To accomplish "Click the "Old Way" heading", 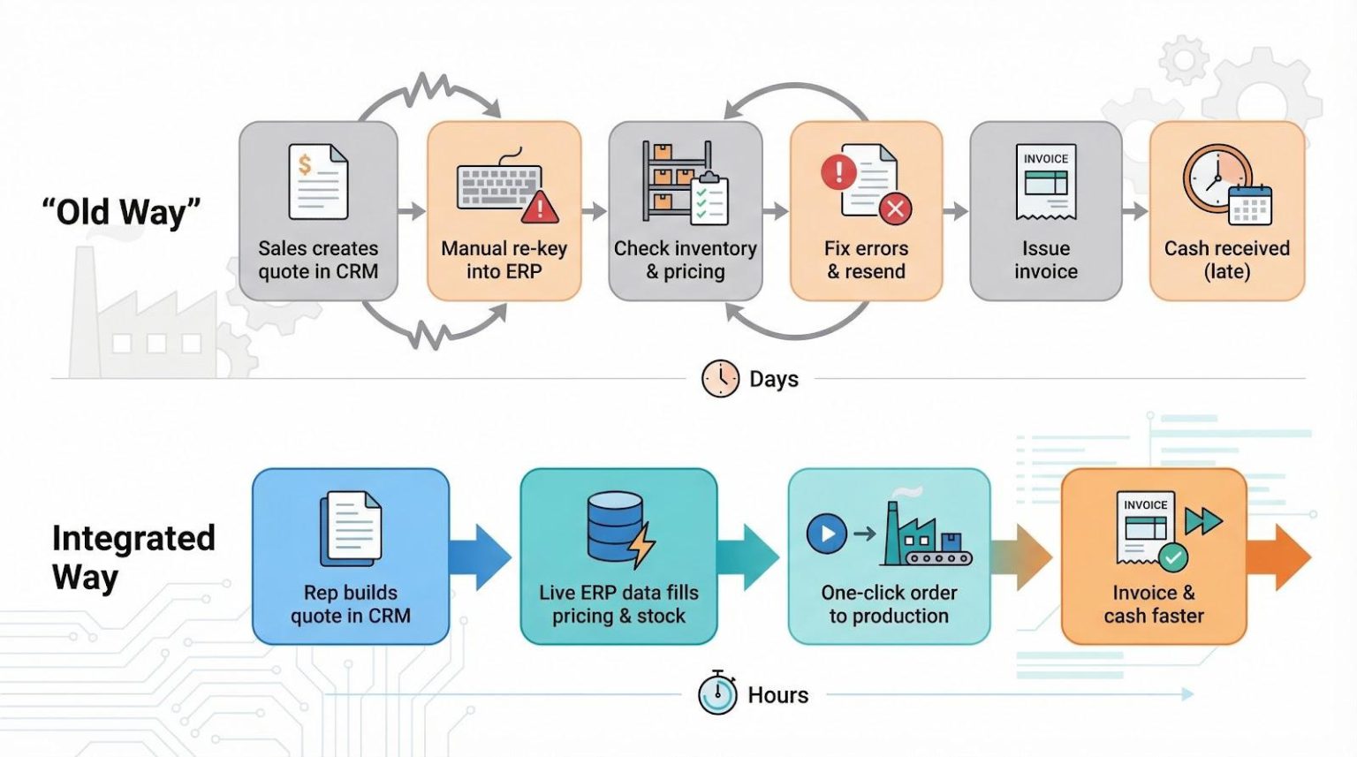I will (121, 212).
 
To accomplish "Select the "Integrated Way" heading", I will (133, 556).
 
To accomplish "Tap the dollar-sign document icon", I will (318, 181).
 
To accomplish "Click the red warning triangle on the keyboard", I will (539, 208).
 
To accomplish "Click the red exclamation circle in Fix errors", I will (838, 171).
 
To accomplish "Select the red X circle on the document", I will (895, 208).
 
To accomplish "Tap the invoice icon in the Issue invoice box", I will (1046, 181).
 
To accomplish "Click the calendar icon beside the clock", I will (1250, 205).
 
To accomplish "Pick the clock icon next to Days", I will (720, 379).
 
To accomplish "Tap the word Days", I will (774, 379).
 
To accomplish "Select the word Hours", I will (777, 695).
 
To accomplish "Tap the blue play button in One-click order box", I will (827, 534).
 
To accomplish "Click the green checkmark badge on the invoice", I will (1173, 557).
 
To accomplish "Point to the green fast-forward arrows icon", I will (1202, 521).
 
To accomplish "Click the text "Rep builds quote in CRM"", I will (351, 604).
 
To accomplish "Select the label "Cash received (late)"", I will (1226, 260).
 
